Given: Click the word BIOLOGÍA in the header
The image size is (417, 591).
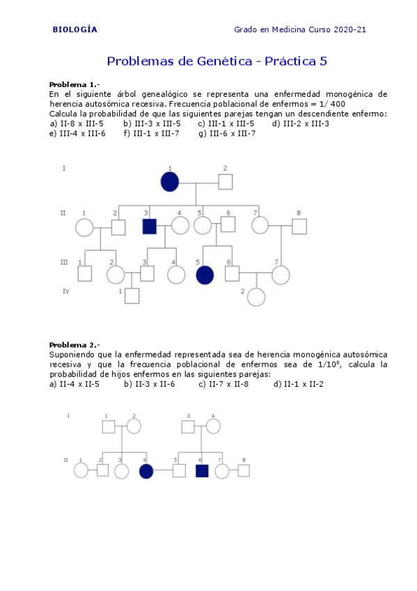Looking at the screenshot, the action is pyautogui.click(x=75, y=30).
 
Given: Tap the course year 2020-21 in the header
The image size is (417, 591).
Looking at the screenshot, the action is pyautogui.click(x=350, y=30).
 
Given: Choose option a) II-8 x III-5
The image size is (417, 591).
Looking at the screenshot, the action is pyautogui.click(x=77, y=124).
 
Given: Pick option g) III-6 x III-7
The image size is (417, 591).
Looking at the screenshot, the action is pyautogui.click(x=226, y=134).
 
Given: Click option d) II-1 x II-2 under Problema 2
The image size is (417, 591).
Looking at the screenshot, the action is pyautogui.click(x=299, y=384).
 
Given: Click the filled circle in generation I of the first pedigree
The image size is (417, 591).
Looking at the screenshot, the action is pyautogui.click(x=170, y=182).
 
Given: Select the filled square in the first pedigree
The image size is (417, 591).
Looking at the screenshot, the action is pyautogui.click(x=149, y=226).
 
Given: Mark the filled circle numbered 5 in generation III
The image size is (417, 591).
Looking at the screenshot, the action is pyautogui.click(x=205, y=275).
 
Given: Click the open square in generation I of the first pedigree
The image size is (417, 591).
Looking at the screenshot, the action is pyautogui.click(x=225, y=182).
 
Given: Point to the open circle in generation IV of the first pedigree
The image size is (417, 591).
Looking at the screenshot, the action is pyautogui.click(x=257, y=297).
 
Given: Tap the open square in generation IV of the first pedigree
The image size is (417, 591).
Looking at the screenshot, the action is pyautogui.click(x=132, y=295).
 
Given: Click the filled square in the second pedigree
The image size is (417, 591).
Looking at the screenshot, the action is pyautogui.click(x=202, y=470).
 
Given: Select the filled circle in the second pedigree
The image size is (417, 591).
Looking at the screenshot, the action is pyautogui.click(x=146, y=471).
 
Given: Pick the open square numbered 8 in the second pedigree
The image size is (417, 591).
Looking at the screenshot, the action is pyautogui.click(x=244, y=470).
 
